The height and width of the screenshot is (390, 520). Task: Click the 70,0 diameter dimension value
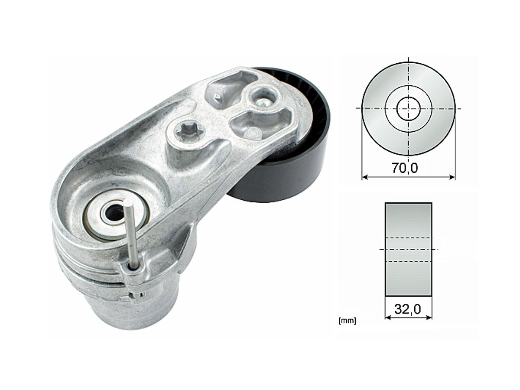[x=405, y=168]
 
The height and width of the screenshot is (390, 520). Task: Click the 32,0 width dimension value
[x=408, y=309]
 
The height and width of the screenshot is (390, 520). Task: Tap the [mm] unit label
[x=348, y=321]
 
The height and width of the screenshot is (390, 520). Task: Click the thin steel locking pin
[x=131, y=234]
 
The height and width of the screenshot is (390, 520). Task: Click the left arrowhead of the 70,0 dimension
[x=365, y=177]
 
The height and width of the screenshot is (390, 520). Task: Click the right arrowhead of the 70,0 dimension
[x=452, y=177]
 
